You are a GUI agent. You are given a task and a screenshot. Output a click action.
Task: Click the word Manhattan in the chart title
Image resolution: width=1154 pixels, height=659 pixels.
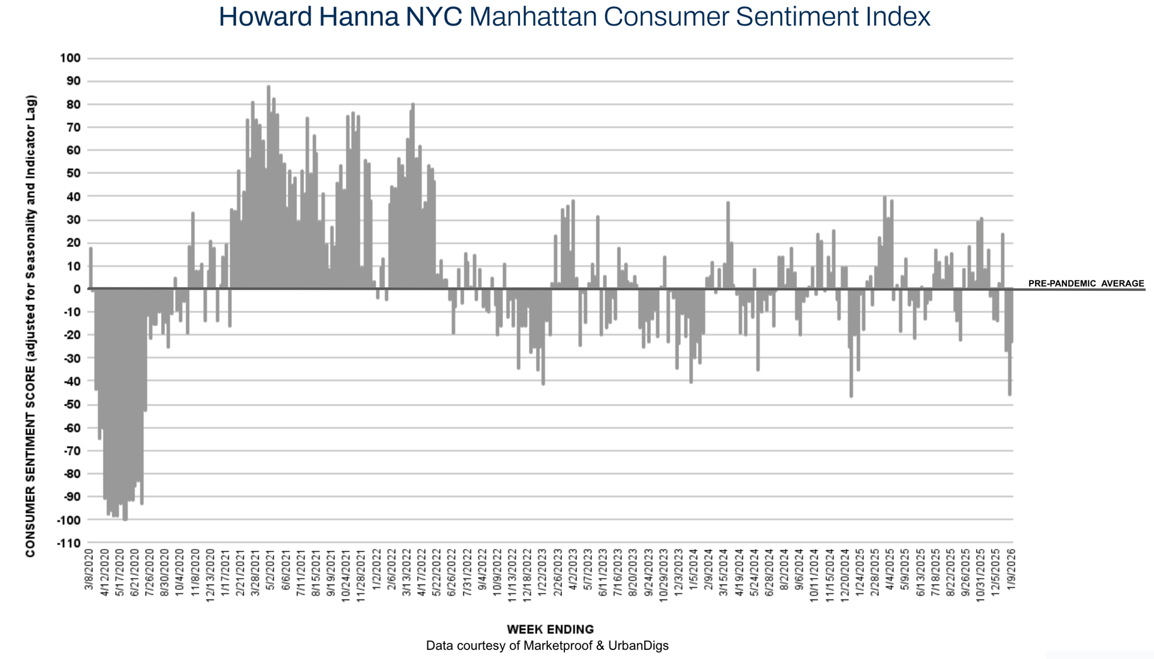click(532, 17)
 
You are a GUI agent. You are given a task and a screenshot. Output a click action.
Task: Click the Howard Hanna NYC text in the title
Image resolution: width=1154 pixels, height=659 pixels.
click(340, 17)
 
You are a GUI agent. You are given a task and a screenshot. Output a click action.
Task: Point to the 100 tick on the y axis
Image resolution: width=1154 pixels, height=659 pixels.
click(70, 58)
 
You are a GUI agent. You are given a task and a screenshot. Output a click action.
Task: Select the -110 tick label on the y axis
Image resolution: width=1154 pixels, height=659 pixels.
click(69, 543)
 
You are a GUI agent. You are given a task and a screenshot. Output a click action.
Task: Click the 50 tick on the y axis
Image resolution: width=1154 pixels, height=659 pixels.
click(73, 174)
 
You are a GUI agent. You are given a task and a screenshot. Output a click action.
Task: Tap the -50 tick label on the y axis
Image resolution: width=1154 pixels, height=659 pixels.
click(71, 404)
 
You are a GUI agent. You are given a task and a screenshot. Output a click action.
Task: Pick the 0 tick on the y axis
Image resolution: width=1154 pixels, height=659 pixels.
click(77, 289)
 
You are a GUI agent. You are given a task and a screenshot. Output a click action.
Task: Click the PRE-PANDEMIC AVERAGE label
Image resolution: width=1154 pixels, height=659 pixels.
click(1086, 284)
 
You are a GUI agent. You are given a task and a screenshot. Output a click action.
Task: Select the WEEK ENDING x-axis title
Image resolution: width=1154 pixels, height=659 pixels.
click(550, 630)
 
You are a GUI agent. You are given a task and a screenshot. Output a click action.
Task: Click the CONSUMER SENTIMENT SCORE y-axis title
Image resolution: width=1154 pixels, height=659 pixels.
click(31, 326)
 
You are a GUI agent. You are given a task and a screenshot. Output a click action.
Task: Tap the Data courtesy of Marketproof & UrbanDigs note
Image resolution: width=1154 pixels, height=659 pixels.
click(547, 646)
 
